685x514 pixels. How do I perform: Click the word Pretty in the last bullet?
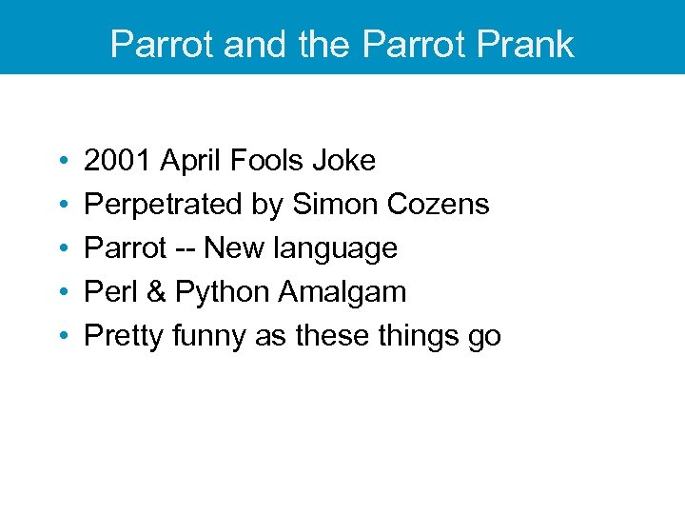(124, 337)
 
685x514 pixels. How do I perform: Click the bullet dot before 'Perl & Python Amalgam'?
(60, 293)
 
